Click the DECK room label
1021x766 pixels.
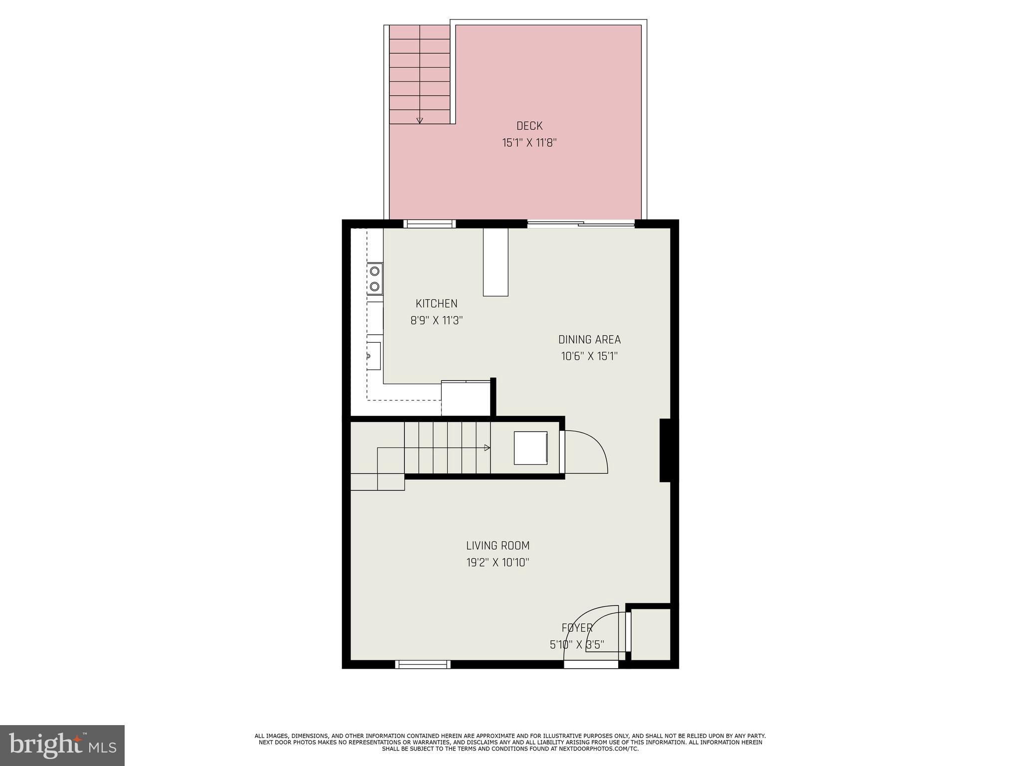(529, 126)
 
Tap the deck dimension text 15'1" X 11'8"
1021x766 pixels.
(529, 143)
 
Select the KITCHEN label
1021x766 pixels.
(436, 304)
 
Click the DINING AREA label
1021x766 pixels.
(589, 340)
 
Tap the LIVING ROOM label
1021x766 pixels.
(498, 546)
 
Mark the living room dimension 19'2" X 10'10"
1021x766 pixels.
(498, 563)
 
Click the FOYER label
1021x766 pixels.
(577, 628)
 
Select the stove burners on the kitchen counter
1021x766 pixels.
(374, 278)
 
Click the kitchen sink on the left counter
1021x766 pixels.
(373, 356)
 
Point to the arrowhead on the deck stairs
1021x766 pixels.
(420, 120)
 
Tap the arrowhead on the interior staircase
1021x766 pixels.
(487, 448)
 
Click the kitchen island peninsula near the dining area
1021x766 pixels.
(496, 262)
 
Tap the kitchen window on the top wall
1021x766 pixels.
(429, 224)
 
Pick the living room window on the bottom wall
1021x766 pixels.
(423, 664)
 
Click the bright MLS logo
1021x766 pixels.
(62, 745)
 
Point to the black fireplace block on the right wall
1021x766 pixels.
(666, 450)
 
